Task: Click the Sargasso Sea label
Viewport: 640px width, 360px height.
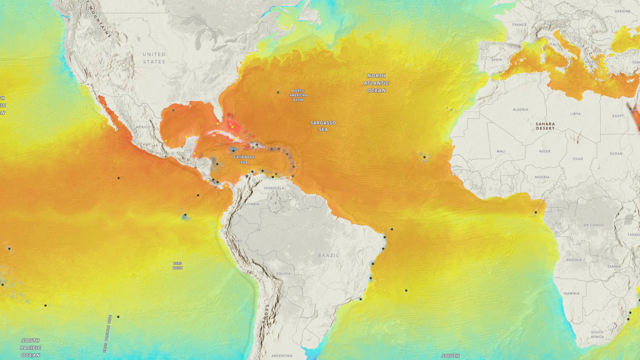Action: pos(323,126)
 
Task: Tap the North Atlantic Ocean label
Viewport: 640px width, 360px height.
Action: pos(376,83)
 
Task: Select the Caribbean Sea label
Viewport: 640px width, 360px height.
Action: pos(244,159)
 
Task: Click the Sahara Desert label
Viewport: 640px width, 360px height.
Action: pos(545,126)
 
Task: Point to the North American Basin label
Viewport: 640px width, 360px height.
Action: pos(298,95)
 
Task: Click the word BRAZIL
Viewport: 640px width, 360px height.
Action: pos(328,255)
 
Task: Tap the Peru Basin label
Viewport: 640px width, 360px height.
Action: pos(177,265)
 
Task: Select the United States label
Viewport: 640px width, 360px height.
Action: pos(154,58)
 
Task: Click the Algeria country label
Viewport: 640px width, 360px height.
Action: pos(520,109)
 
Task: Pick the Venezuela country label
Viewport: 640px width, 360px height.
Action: pos(274,188)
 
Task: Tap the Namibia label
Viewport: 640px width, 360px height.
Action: pos(572,293)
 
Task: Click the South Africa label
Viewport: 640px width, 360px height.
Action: pos(597,334)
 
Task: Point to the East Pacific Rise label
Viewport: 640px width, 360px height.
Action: pos(107,334)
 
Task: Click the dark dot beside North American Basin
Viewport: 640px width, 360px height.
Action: pos(278,92)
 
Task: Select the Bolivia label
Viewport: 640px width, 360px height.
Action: pos(283,273)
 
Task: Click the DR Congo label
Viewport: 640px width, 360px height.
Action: pos(594,225)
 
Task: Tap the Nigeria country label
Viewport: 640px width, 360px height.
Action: pos(542,177)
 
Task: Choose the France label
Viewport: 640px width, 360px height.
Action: pos(519,25)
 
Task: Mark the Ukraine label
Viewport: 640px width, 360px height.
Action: pos(622,11)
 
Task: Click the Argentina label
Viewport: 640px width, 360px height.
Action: pos(282,356)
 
